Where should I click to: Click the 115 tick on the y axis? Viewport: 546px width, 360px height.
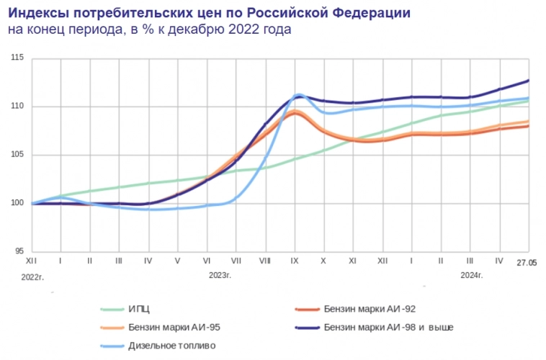click(x=18, y=58)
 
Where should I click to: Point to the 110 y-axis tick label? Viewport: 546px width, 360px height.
click(x=18, y=107)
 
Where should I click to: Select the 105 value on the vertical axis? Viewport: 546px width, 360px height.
click(x=18, y=155)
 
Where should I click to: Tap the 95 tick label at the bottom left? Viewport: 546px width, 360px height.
click(x=19, y=251)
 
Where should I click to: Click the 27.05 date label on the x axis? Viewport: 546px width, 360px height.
click(x=527, y=263)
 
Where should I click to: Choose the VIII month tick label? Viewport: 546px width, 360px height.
click(x=264, y=261)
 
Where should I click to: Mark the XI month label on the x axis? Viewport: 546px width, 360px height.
click(x=353, y=261)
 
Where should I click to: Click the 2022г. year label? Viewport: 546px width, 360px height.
click(x=33, y=276)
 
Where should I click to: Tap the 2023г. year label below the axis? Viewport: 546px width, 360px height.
click(x=220, y=276)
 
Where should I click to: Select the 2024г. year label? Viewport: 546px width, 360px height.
click(x=471, y=276)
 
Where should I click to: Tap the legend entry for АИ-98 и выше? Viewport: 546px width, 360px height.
click(x=388, y=328)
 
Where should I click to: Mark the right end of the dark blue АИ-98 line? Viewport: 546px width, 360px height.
click(x=528, y=81)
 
